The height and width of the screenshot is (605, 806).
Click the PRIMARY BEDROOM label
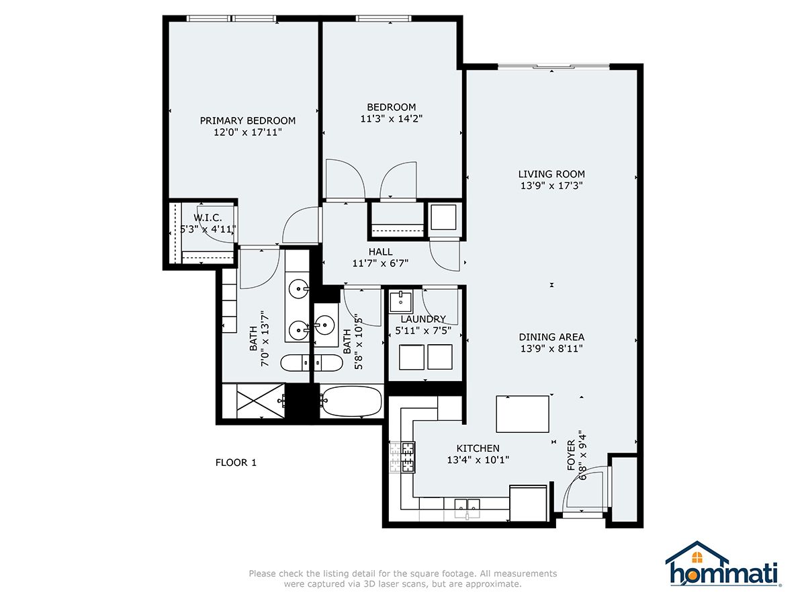(247, 120)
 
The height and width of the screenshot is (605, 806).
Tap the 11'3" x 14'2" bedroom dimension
(392, 119)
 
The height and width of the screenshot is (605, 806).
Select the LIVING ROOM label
(551, 173)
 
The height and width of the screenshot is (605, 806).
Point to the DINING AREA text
(551, 337)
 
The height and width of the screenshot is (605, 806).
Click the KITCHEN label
(478, 448)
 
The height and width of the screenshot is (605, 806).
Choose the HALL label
(380, 251)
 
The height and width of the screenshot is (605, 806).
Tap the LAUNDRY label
(423, 319)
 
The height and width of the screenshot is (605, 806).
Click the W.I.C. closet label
(208, 218)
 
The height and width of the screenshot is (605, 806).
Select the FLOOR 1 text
(236, 462)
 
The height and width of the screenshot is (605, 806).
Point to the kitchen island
(523, 414)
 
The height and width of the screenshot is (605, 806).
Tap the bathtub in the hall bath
(351, 401)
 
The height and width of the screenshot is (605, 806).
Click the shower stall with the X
(261, 401)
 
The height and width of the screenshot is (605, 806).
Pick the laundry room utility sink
(401, 302)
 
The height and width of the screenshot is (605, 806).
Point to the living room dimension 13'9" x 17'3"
(551, 186)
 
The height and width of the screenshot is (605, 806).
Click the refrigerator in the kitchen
(528, 503)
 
